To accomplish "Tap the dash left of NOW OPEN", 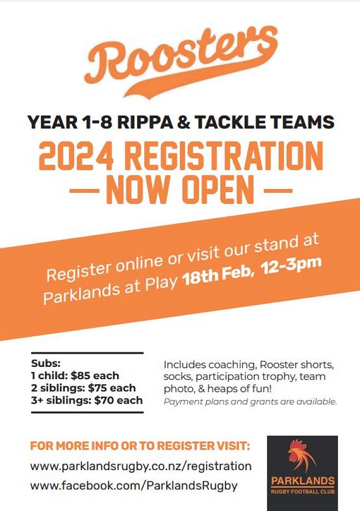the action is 84,191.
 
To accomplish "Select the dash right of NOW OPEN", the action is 277,191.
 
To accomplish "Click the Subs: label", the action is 46,363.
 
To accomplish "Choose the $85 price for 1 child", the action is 81,376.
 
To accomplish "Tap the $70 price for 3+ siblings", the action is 105,400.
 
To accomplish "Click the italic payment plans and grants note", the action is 250,402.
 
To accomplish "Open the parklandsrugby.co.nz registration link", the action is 141,467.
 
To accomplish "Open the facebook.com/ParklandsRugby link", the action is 134,485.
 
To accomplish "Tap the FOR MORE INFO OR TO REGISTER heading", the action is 140,446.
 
